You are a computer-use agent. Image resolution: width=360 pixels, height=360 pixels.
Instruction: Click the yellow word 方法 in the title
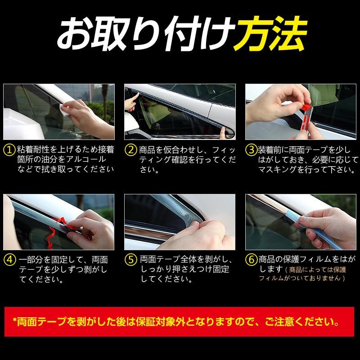pyautogui.click(x=270, y=34)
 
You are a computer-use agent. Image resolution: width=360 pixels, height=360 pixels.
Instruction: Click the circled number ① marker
pyautogui.click(x=9, y=150)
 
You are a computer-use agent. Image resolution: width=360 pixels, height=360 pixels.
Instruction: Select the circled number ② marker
pyautogui.click(x=130, y=150)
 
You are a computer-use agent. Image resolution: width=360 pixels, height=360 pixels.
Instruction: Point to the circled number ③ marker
pyautogui.click(x=251, y=150)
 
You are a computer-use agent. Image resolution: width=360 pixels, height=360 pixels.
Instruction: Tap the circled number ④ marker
pyautogui.click(x=9, y=260)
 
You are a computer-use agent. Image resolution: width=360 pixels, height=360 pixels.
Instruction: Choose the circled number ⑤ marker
pyautogui.click(x=130, y=260)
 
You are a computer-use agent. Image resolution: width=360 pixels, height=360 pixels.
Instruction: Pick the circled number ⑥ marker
pyautogui.click(x=252, y=260)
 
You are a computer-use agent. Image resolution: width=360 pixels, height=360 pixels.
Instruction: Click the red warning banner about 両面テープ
pyautogui.click(x=179, y=322)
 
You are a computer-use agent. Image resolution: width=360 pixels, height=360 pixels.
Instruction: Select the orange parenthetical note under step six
pyautogui.click(x=302, y=274)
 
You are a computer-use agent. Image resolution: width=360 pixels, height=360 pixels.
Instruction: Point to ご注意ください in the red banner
pyautogui.click(x=302, y=322)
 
